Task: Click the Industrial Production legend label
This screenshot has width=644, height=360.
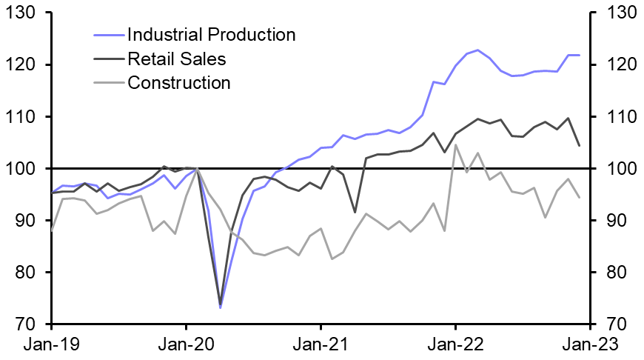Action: (211, 35)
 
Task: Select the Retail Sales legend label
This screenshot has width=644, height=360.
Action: (176, 59)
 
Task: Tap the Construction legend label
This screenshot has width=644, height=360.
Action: (179, 82)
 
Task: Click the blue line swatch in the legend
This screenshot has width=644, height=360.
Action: (109, 35)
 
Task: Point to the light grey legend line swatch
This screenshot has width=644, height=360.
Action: (109, 82)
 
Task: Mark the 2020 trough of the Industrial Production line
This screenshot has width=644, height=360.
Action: (220, 307)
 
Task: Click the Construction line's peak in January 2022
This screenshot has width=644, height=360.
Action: (455, 144)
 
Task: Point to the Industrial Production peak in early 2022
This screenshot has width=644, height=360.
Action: (477, 50)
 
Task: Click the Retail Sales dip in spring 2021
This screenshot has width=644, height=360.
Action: (355, 213)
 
